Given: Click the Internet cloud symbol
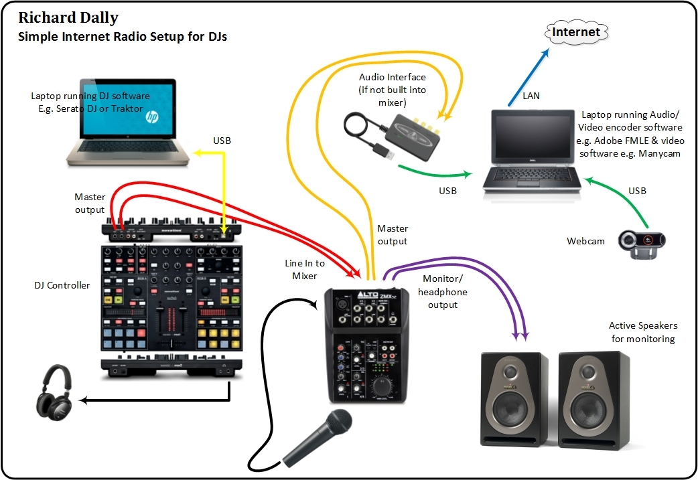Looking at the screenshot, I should click(576, 31).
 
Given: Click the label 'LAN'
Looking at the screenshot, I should click(531, 96).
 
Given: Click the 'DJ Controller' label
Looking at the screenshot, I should click(62, 285).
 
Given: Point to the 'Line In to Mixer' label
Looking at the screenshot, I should click(305, 269).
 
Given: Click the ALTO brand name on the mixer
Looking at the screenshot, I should click(349, 295).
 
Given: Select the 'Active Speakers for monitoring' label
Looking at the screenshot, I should click(642, 332).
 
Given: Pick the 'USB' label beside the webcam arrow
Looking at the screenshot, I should click(637, 191).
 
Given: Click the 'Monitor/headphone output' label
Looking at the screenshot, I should click(443, 292).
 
